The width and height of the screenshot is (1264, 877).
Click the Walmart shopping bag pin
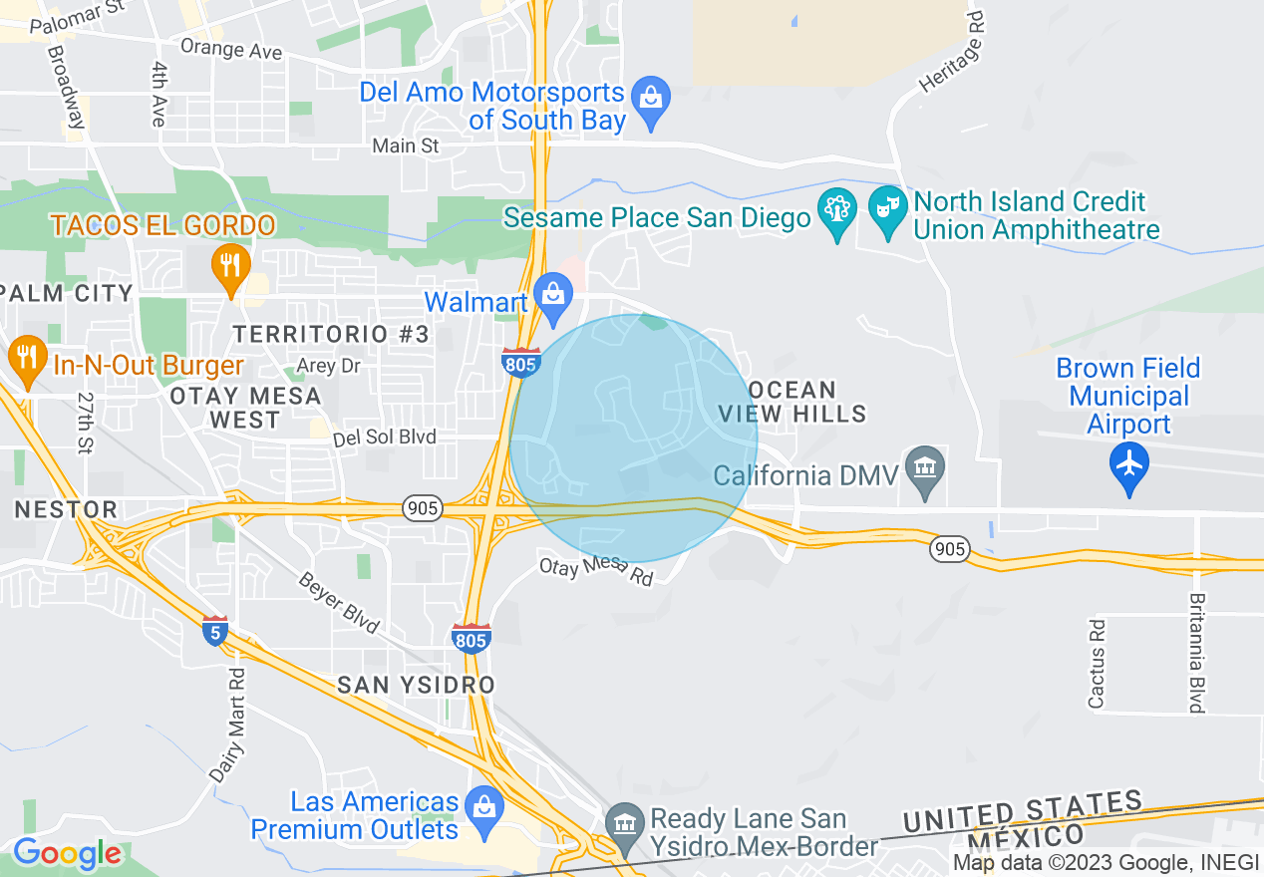(x=552, y=295)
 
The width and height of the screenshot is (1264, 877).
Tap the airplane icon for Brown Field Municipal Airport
(x=1128, y=465)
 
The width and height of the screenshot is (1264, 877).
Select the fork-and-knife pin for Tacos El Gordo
(x=230, y=265)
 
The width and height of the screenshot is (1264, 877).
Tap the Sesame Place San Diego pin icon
(x=836, y=209)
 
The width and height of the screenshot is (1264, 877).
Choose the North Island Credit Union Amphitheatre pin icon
(x=886, y=209)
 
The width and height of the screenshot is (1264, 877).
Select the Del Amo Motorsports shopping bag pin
(x=650, y=100)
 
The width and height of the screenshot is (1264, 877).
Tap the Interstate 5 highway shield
(x=214, y=631)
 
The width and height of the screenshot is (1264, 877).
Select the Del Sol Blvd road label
(x=400, y=437)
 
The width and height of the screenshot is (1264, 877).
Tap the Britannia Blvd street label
(x=1195, y=653)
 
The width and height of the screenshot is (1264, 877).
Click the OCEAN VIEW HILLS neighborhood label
(x=792, y=401)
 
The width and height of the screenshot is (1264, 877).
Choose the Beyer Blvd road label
(x=340, y=603)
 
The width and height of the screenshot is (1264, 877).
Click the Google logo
(x=67, y=854)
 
